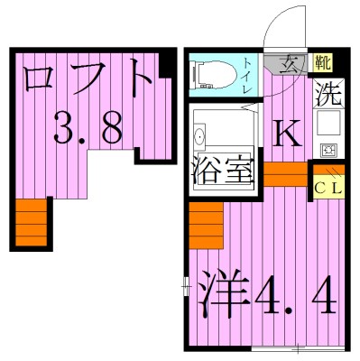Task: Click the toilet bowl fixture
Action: [x=210, y=71]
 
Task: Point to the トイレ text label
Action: [x=248, y=71]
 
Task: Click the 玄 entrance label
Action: [x=292, y=64]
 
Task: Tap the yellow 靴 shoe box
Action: [x=321, y=63]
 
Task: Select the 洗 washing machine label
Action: [x=327, y=93]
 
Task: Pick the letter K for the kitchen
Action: [x=286, y=134]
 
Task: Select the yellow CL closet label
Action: [x=326, y=187]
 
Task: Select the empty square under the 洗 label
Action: [x=328, y=120]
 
